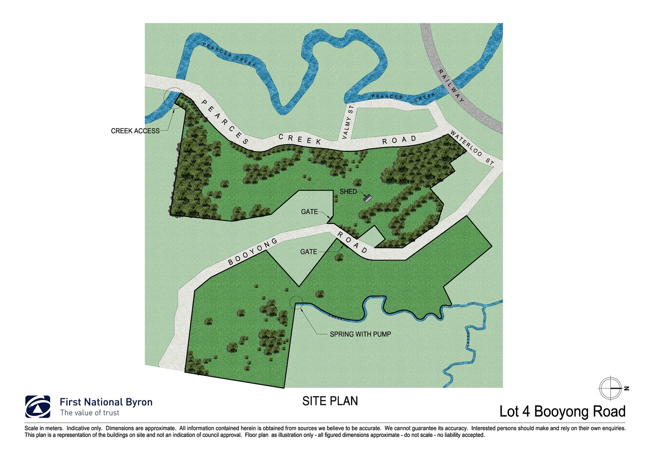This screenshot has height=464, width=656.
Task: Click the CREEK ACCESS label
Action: point(135,131)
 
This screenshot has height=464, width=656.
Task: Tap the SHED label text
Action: point(348,192)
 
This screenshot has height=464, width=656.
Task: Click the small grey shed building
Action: point(367,198)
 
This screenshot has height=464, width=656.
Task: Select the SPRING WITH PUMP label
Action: point(360,334)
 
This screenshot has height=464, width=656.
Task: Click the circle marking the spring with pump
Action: point(296,303)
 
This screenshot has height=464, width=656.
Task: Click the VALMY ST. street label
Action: point(348,122)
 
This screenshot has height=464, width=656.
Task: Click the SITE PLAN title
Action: point(330,401)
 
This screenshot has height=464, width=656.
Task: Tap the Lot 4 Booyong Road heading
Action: point(562,412)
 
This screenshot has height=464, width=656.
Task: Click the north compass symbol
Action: point(610,388)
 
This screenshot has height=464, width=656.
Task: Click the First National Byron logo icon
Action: point(38,406)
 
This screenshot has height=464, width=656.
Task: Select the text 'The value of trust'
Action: point(90,413)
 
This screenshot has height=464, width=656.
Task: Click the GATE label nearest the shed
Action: point(309,212)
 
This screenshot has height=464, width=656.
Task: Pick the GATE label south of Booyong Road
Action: point(308,252)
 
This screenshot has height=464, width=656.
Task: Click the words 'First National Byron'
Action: point(106,402)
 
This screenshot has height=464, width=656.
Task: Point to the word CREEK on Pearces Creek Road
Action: point(300,139)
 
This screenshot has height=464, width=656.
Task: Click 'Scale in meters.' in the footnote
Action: point(44,428)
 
